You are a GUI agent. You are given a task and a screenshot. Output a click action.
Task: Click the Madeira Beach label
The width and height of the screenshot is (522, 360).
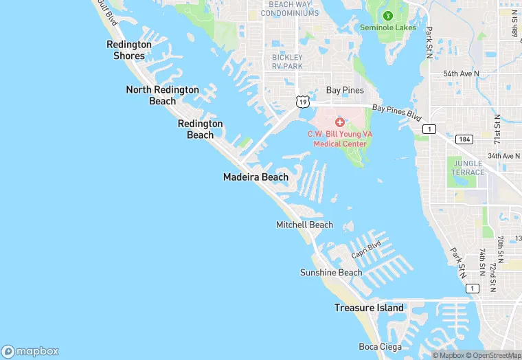256,177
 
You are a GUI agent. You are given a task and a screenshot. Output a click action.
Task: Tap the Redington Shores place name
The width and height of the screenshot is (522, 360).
129,50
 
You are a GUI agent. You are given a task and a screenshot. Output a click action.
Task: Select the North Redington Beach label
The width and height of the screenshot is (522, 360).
163,95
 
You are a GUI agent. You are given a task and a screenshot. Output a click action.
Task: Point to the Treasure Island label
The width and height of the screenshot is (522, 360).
369,308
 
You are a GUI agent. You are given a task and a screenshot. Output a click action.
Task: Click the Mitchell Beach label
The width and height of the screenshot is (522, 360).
304,225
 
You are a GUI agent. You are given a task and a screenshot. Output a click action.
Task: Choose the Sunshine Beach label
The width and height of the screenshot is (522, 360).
331,273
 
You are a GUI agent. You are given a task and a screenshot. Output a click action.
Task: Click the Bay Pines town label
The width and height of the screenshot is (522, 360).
345,90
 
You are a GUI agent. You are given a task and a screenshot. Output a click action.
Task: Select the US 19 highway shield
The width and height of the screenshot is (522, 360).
302,102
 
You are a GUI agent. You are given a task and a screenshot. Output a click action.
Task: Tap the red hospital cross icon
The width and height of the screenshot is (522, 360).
339,122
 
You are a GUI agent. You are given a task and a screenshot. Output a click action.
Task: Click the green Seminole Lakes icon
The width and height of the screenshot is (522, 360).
387,15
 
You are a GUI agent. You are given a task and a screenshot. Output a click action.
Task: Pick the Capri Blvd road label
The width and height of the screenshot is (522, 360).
366,250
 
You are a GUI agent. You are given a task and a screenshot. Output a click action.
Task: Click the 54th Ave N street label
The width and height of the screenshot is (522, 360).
461,74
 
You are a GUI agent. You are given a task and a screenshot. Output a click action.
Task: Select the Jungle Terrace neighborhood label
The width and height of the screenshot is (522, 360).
468,168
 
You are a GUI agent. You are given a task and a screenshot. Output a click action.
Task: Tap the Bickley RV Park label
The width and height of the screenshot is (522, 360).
287,62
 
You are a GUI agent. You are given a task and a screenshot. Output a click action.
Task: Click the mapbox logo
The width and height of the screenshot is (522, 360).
30,351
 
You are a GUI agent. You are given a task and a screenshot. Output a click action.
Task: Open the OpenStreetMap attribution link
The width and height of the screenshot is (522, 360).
492,355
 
